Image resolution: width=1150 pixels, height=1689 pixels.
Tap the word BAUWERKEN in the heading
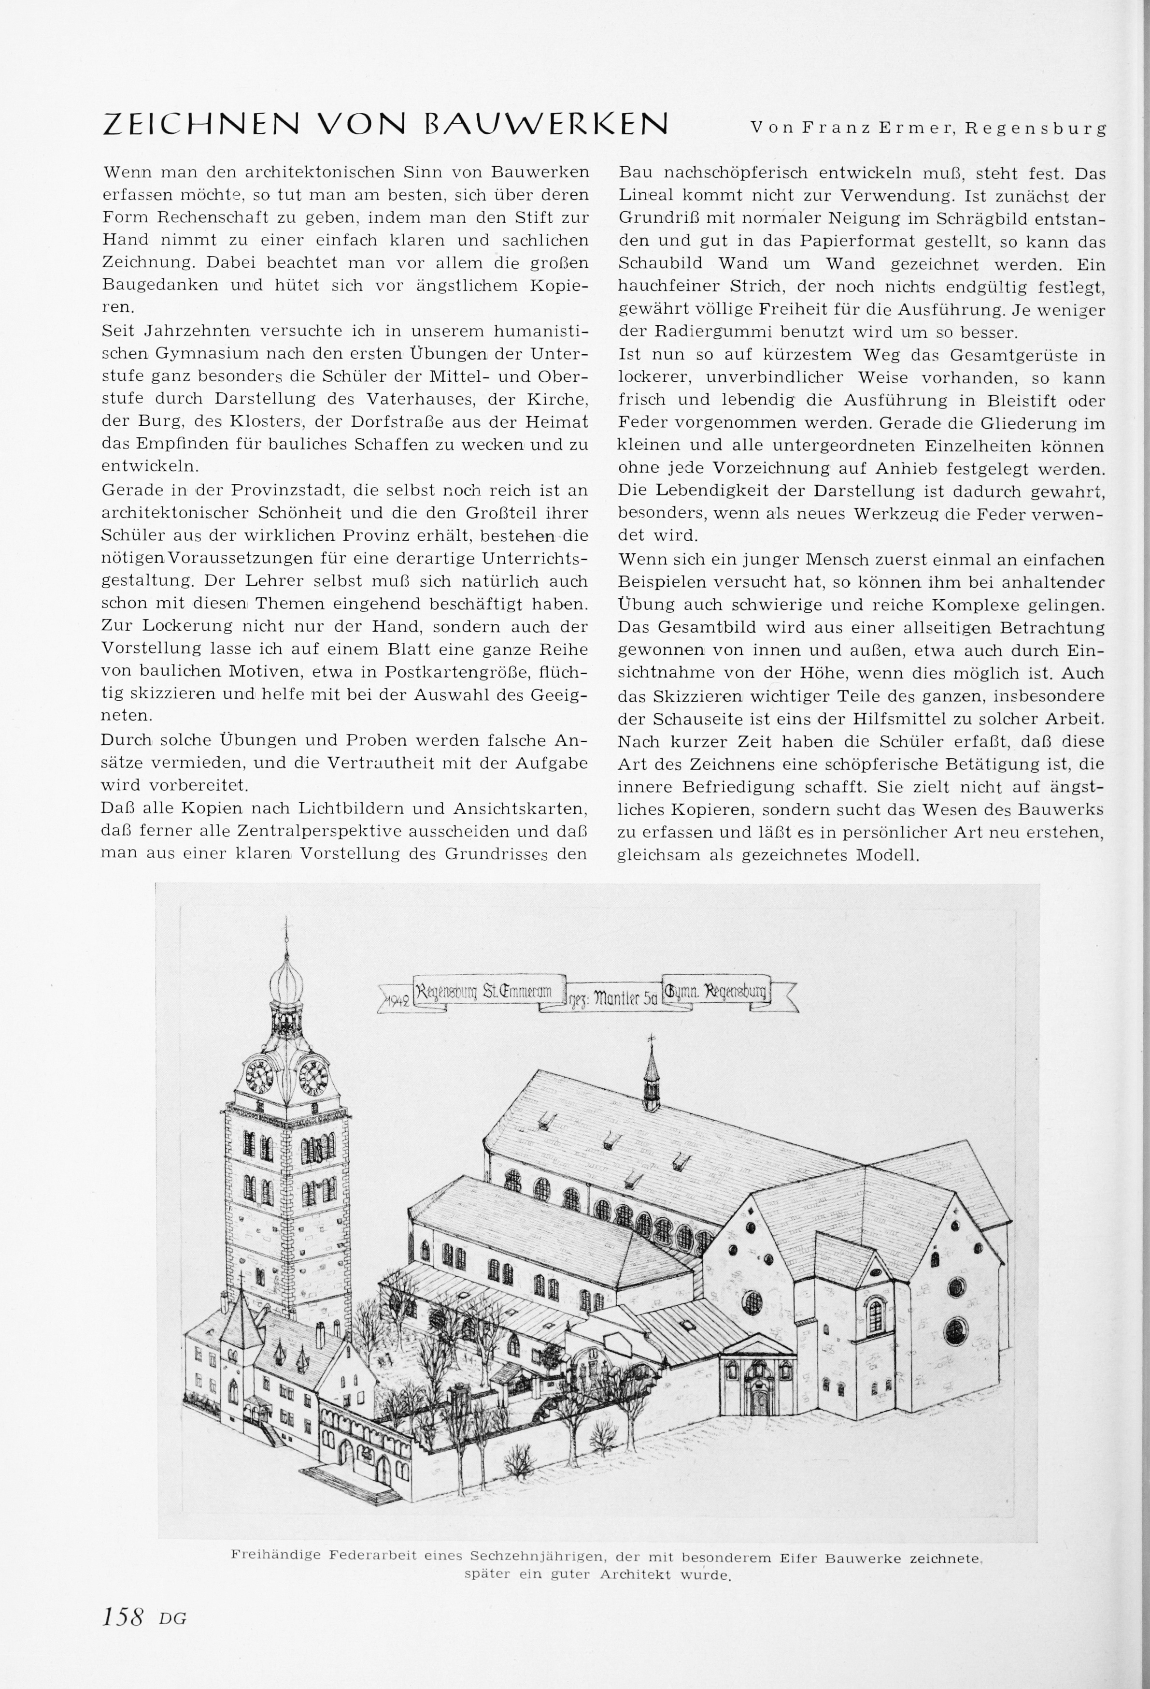point(546,124)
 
